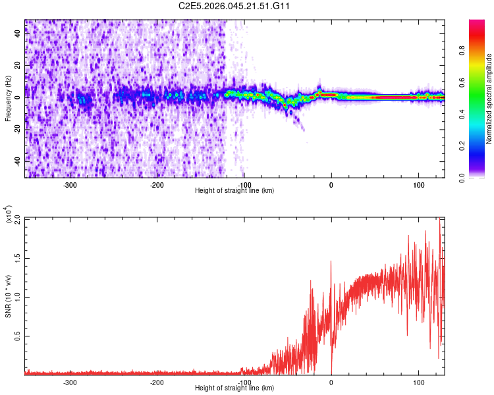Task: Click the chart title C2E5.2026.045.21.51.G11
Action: pyautogui.click(x=235, y=6)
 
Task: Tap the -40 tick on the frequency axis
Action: pyautogui.click(x=18, y=161)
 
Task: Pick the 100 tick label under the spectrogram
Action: pyautogui.click(x=418, y=185)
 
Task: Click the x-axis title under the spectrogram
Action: pyautogui.click(x=234, y=191)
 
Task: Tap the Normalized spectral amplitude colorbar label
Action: pyautogui.click(x=489, y=99)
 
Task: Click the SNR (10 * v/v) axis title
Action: pyautogui.click(x=8, y=296)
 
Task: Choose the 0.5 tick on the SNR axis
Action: pyautogui.click(x=18, y=335)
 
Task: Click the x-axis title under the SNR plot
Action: pyautogui.click(x=234, y=388)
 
